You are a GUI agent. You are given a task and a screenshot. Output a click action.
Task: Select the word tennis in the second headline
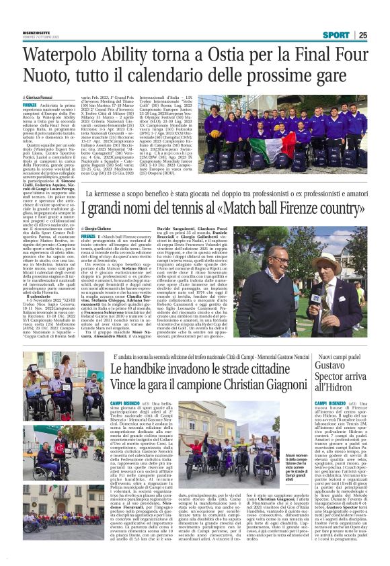pyautogui.click(x=189, y=208)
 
